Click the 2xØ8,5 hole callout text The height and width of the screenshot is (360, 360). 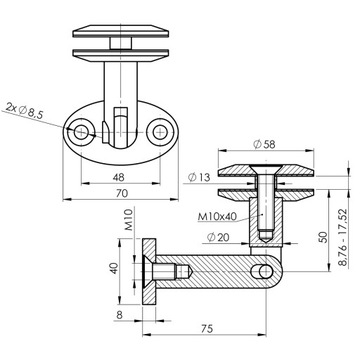[24, 112]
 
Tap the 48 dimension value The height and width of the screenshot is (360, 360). [119, 177]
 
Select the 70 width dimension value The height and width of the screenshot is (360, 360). [122, 193]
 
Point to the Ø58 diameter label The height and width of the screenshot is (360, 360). [264, 144]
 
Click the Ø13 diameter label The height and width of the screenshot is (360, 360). [199, 177]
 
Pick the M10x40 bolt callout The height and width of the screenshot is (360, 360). [217, 217]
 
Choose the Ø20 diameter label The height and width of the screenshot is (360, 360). [218, 237]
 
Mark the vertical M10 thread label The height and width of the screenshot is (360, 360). [129, 220]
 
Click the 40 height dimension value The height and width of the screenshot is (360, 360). [114, 268]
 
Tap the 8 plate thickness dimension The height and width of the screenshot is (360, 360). [120, 315]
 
